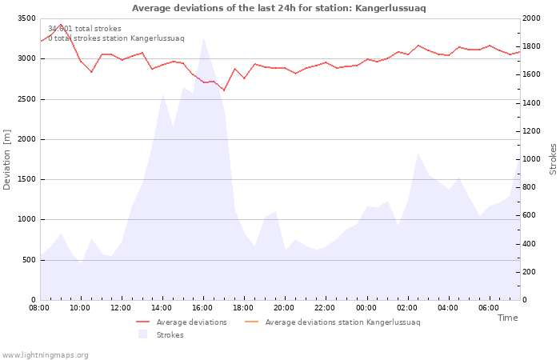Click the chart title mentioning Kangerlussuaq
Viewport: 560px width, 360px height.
click(x=278, y=8)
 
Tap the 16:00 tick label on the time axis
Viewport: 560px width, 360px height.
click(x=202, y=307)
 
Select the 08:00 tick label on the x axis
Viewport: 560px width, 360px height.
click(x=39, y=307)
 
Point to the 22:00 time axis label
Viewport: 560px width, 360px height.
click(x=325, y=307)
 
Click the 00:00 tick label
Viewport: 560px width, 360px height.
click(x=366, y=307)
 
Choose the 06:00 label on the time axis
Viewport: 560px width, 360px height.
click(x=488, y=307)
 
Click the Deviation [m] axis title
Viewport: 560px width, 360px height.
click(x=7, y=159)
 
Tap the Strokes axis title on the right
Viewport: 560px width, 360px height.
click(x=553, y=159)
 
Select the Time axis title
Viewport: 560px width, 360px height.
click(x=507, y=318)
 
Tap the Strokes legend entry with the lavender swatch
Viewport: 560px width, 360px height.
click(x=164, y=334)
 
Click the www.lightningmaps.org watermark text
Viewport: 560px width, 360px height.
click(x=46, y=354)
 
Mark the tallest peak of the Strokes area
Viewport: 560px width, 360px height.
click(x=203, y=38)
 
